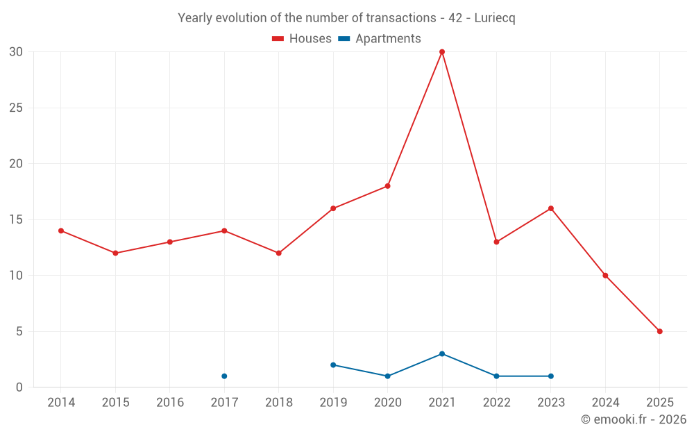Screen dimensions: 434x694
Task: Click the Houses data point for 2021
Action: tap(442, 52)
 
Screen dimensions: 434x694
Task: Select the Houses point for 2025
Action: tap(659, 331)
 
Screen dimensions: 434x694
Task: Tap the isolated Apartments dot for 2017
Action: tap(224, 376)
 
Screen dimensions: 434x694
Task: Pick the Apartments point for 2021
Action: tap(442, 354)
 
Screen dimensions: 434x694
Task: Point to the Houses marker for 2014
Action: tap(61, 231)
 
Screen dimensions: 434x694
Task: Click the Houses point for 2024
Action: tap(605, 276)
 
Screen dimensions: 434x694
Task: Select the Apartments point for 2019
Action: tap(333, 365)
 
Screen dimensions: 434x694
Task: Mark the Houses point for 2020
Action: tap(387, 186)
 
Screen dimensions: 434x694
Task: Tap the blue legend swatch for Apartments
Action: tap(344, 39)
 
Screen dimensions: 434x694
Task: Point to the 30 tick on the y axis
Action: tap(16, 52)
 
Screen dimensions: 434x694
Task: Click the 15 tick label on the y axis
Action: tap(16, 219)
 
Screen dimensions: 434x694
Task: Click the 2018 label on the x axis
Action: tap(278, 403)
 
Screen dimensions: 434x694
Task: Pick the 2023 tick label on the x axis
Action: tap(550, 403)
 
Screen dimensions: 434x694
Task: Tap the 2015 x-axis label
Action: tap(115, 403)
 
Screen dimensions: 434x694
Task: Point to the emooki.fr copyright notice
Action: tap(633, 419)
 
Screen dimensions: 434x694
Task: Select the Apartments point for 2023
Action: tap(550, 376)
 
